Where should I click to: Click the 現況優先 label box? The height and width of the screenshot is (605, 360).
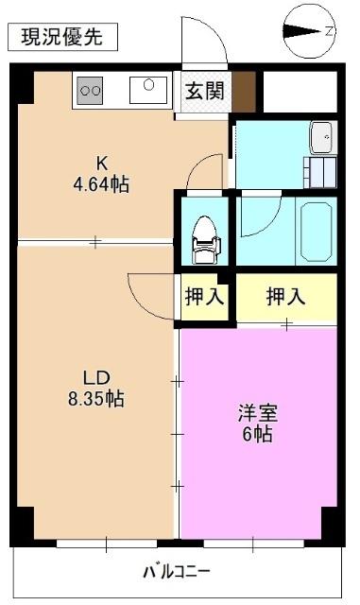63,38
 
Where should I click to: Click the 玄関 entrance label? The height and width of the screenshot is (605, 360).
203,92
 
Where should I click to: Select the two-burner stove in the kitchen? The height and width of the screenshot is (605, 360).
92,90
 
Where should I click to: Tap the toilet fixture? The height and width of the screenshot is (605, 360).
203,237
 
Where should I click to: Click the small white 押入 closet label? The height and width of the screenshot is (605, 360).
204,297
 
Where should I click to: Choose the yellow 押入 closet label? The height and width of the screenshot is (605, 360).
285,297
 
